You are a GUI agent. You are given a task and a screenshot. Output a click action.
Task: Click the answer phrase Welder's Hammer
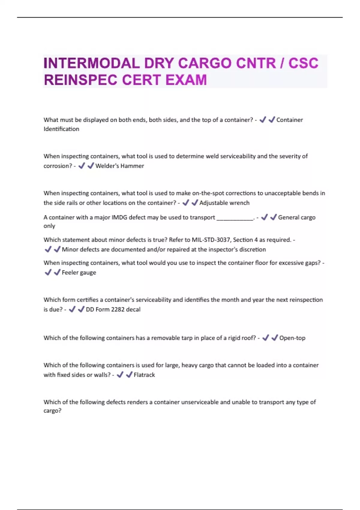[119, 166]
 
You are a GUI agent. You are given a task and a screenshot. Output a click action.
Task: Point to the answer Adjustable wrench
[224, 203]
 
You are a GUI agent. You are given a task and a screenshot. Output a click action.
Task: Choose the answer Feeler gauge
[79, 272]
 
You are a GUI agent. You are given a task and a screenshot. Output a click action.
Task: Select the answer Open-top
[292, 338]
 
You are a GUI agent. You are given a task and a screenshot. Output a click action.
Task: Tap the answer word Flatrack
[144, 375]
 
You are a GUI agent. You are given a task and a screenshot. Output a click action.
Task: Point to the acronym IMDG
[120, 217]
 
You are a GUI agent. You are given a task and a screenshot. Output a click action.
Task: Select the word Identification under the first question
[61, 129]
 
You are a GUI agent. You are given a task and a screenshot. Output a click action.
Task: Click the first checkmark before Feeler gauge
[48, 272]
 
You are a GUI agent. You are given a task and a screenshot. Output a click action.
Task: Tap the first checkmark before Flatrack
[120, 375]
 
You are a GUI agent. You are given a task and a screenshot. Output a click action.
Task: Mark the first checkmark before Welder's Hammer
[81, 166]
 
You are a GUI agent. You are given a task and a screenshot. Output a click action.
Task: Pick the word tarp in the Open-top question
[187, 338]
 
